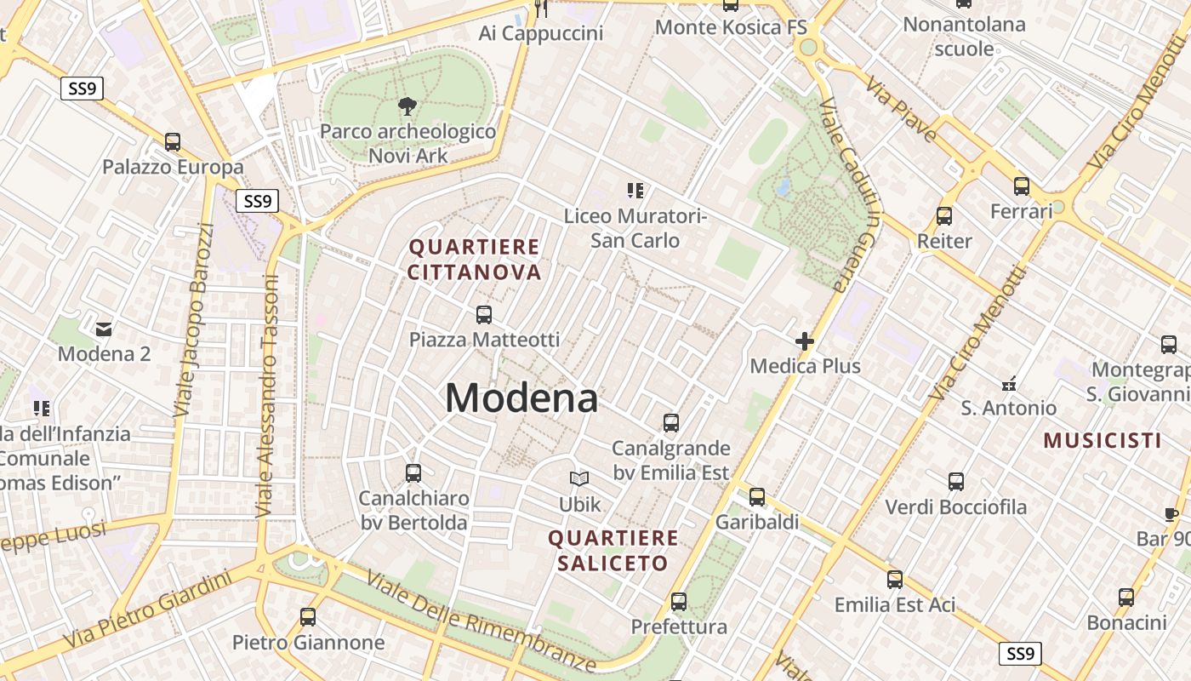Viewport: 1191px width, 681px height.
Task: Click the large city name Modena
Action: click(521, 398)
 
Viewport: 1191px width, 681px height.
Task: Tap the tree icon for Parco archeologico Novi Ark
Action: click(407, 106)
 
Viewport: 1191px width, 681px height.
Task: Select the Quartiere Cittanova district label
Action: click(475, 260)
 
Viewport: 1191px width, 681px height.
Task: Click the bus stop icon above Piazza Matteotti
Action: click(484, 315)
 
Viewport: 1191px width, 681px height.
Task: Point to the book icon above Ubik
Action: click(579, 479)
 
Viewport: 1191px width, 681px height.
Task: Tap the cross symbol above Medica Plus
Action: click(805, 341)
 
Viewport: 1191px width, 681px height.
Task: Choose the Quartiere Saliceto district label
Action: click(613, 551)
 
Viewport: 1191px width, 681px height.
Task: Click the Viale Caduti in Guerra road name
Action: click(850, 196)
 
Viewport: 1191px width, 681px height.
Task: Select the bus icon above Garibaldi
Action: click(757, 496)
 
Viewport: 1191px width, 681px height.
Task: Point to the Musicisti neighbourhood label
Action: click(1103, 440)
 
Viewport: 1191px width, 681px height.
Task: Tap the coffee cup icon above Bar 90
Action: click(1171, 514)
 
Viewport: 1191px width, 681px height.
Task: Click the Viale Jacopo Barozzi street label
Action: click(194, 320)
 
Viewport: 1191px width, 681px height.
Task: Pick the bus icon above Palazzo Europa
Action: click(173, 142)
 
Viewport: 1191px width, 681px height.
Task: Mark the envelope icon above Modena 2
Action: click(104, 329)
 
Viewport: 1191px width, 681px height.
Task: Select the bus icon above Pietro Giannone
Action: click(308, 617)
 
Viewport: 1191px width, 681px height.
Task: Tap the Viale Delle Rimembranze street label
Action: click(482, 620)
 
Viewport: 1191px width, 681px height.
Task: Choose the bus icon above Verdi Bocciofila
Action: click(956, 482)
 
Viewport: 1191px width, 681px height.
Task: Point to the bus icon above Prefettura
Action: click(679, 602)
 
